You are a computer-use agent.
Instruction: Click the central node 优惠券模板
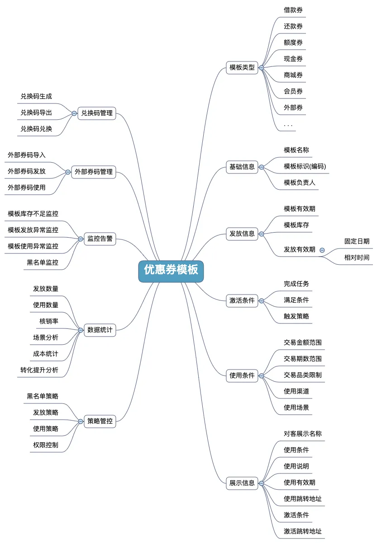pos(171,270)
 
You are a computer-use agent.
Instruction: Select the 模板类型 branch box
pos(242,68)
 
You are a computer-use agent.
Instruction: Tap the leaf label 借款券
pos(293,10)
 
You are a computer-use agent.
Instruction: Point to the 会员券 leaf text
pos(293,91)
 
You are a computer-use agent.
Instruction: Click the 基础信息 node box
pos(242,167)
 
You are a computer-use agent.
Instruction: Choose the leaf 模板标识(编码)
pos(305,166)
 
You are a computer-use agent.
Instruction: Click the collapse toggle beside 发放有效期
pos(322,250)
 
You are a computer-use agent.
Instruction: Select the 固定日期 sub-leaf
pos(357,241)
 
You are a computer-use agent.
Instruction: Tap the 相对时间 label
pos(357,257)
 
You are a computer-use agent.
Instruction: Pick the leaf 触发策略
pos(296,316)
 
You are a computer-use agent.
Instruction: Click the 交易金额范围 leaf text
pos(303,342)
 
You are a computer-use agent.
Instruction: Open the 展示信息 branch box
pos(242,483)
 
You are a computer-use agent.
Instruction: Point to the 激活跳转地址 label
pos(303,531)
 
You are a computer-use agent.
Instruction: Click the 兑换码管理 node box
pos(96,113)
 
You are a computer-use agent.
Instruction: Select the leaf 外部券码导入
pos(27,155)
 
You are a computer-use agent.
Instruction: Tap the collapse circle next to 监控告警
pos(81,239)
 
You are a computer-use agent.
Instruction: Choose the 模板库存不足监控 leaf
pos(33,214)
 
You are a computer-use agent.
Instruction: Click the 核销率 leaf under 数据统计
pos(49,321)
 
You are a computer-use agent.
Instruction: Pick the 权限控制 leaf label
pos(46,445)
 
